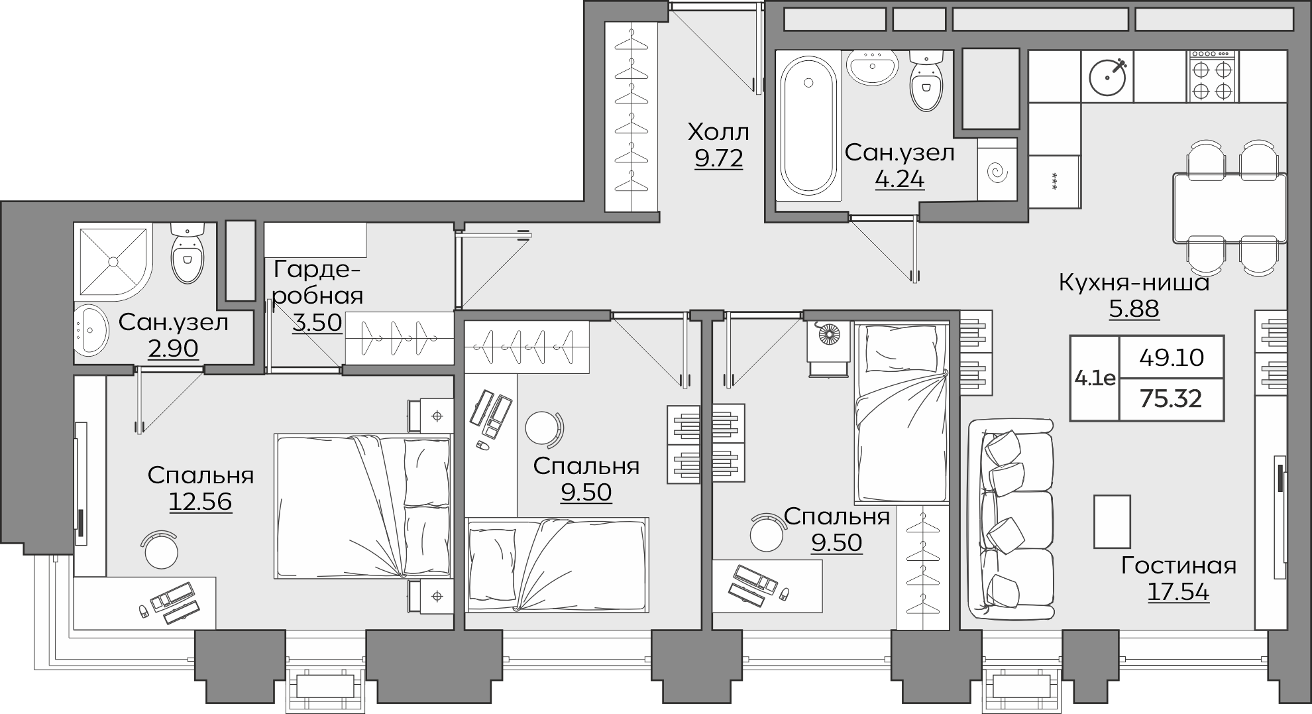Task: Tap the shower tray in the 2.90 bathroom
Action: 113,262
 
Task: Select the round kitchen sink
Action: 1107,77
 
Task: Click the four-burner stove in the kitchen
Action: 1213,76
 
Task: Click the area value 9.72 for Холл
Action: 718,159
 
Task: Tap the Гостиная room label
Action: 1179,565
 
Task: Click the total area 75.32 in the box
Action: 1171,398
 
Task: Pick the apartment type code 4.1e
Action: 1095,379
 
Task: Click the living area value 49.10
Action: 1172,358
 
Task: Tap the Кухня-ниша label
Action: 1134,282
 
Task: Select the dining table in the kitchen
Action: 1230,208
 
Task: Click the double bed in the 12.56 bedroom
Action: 363,506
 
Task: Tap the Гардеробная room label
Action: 317,282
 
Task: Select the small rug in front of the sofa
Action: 1112,521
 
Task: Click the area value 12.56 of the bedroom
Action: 201,502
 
